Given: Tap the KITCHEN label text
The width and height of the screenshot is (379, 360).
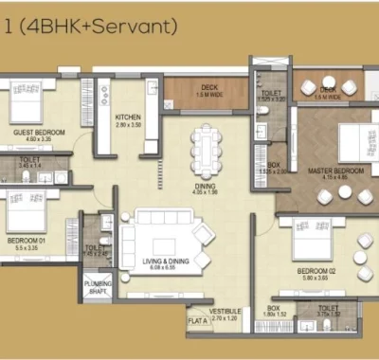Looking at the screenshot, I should [128, 117].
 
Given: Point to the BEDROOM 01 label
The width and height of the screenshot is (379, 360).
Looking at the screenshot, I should [28, 239].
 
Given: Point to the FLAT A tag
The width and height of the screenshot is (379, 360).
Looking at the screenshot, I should [197, 320].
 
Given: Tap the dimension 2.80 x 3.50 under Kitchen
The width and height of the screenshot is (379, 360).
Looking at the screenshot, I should [128, 125].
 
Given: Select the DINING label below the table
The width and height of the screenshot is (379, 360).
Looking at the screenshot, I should [206, 187].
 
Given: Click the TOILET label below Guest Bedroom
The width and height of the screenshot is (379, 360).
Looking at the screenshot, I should [30, 158].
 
